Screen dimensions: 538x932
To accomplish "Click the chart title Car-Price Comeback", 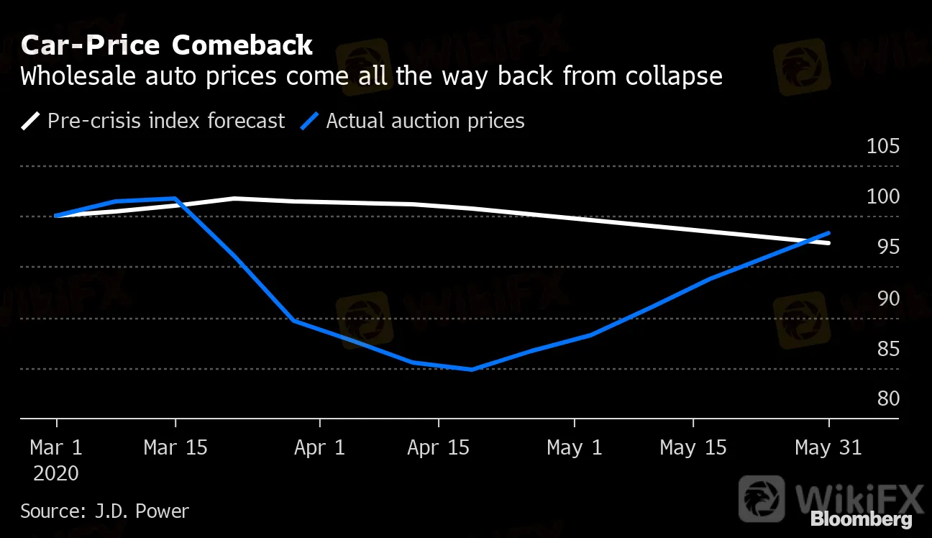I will click(x=167, y=45).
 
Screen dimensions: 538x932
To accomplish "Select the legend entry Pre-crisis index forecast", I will click(x=165, y=120).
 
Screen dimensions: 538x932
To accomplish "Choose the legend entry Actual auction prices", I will click(x=425, y=120).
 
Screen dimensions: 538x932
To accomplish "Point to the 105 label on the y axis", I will click(x=882, y=147).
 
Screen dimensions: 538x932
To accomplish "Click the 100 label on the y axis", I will click(x=882, y=196).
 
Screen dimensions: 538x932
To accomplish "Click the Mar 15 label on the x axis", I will click(x=175, y=447).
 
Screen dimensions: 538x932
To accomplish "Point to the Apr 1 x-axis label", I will click(x=319, y=447).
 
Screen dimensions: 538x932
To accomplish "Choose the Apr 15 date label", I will click(x=438, y=447).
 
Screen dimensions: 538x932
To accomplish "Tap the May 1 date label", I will click(x=574, y=447).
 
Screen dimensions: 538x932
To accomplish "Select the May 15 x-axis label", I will click(x=693, y=447).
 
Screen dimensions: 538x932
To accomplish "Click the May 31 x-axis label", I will click(x=828, y=447).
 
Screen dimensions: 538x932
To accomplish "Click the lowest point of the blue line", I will click(x=472, y=369).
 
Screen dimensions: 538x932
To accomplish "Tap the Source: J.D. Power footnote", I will click(x=104, y=511).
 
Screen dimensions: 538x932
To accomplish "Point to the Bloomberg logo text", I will click(x=861, y=519).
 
